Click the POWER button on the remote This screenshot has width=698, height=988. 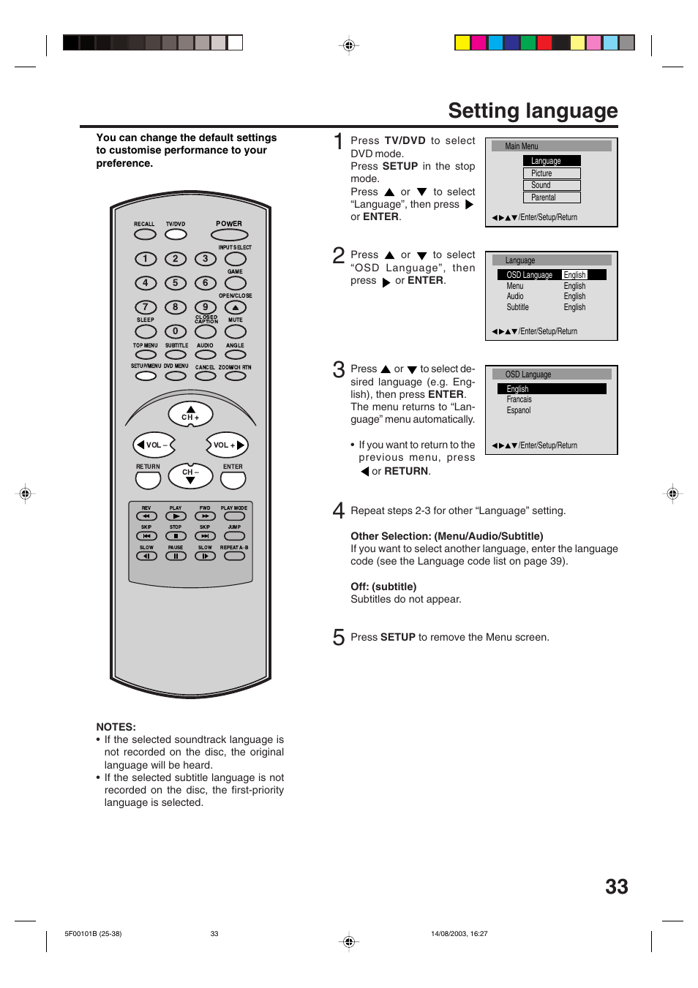tap(229, 235)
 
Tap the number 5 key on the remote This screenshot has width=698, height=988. tap(175, 283)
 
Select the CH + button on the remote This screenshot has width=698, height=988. tap(190, 414)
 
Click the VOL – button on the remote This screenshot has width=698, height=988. tap(154, 445)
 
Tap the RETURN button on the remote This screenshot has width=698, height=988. tap(148, 480)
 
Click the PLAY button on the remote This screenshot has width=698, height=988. tap(176, 516)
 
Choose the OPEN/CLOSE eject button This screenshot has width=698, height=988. tap(235, 308)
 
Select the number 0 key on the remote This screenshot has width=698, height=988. tap(175, 331)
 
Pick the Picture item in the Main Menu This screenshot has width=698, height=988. tap(551, 173)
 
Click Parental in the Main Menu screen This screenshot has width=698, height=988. tap(551, 197)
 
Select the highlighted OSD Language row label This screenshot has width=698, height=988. tap(529, 275)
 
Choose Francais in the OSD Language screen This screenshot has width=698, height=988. tap(519, 399)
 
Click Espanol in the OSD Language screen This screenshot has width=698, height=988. tap(519, 410)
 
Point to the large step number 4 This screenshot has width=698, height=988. tap(338, 510)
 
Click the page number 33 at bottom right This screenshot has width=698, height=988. tap(616, 886)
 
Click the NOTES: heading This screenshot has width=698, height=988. tap(116, 727)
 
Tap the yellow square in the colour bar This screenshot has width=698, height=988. tap(462, 42)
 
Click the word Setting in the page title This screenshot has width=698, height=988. tap(484, 110)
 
